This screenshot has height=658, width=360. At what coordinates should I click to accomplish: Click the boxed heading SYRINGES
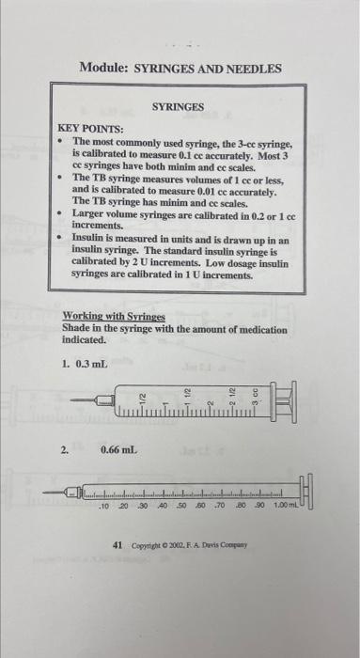178,108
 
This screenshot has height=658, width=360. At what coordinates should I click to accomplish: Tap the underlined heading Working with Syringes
113,318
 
